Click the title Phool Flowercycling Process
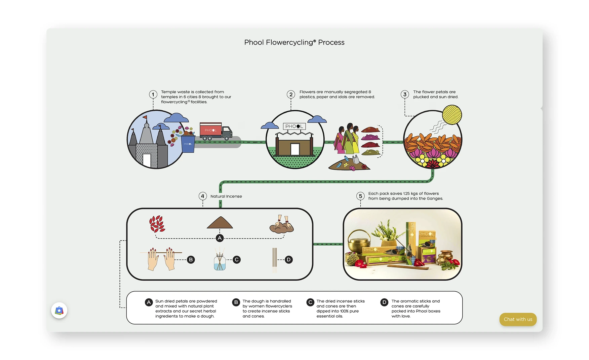pyautogui.click(x=294, y=42)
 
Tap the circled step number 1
pyautogui.click(x=153, y=95)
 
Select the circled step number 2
pyautogui.click(x=291, y=95)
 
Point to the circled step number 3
pyautogui.click(x=405, y=95)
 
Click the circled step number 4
pyautogui.click(x=202, y=196)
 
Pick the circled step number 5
pyautogui.click(x=360, y=196)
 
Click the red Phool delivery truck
pyautogui.click(x=216, y=131)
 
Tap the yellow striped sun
pyautogui.click(x=452, y=115)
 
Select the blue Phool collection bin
pyautogui.click(x=188, y=144)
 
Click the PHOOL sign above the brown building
pyautogui.click(x=294, y=127)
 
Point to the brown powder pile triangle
pyautogui.click(x=220, y=222)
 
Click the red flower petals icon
pyautogui.click(x=157, y=224)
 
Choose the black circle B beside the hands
pyautogui.click(x=191, y=260)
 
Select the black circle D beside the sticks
pyautogui.click(x=288, y=260)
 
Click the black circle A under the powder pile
pyautogui.click(x=220, y=238)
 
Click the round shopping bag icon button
pyautogui.click(x=59, y=311)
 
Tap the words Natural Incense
pyautogui.click(x=226, y=196)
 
